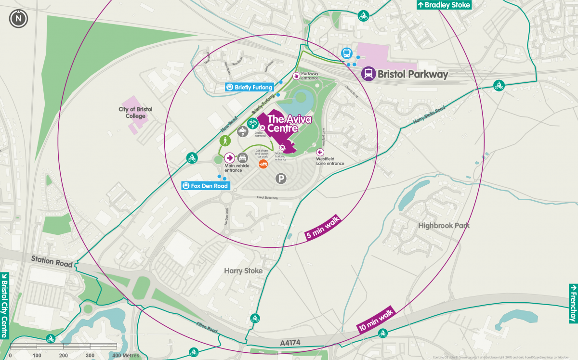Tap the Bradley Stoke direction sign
pos(443,5)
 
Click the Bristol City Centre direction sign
pos(5,306)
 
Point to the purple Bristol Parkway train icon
pos(369,74)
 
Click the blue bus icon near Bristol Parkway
pos(346,53)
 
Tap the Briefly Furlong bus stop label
pos(250,87)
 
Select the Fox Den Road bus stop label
pos(205,186)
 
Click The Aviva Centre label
pos(283,123)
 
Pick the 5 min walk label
pos(323,229)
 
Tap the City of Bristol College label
pos(135,113)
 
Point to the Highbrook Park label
pos(444,225)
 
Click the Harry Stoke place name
pos(243,271)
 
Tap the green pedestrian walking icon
pos(224,141)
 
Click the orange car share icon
pos(263,164)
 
